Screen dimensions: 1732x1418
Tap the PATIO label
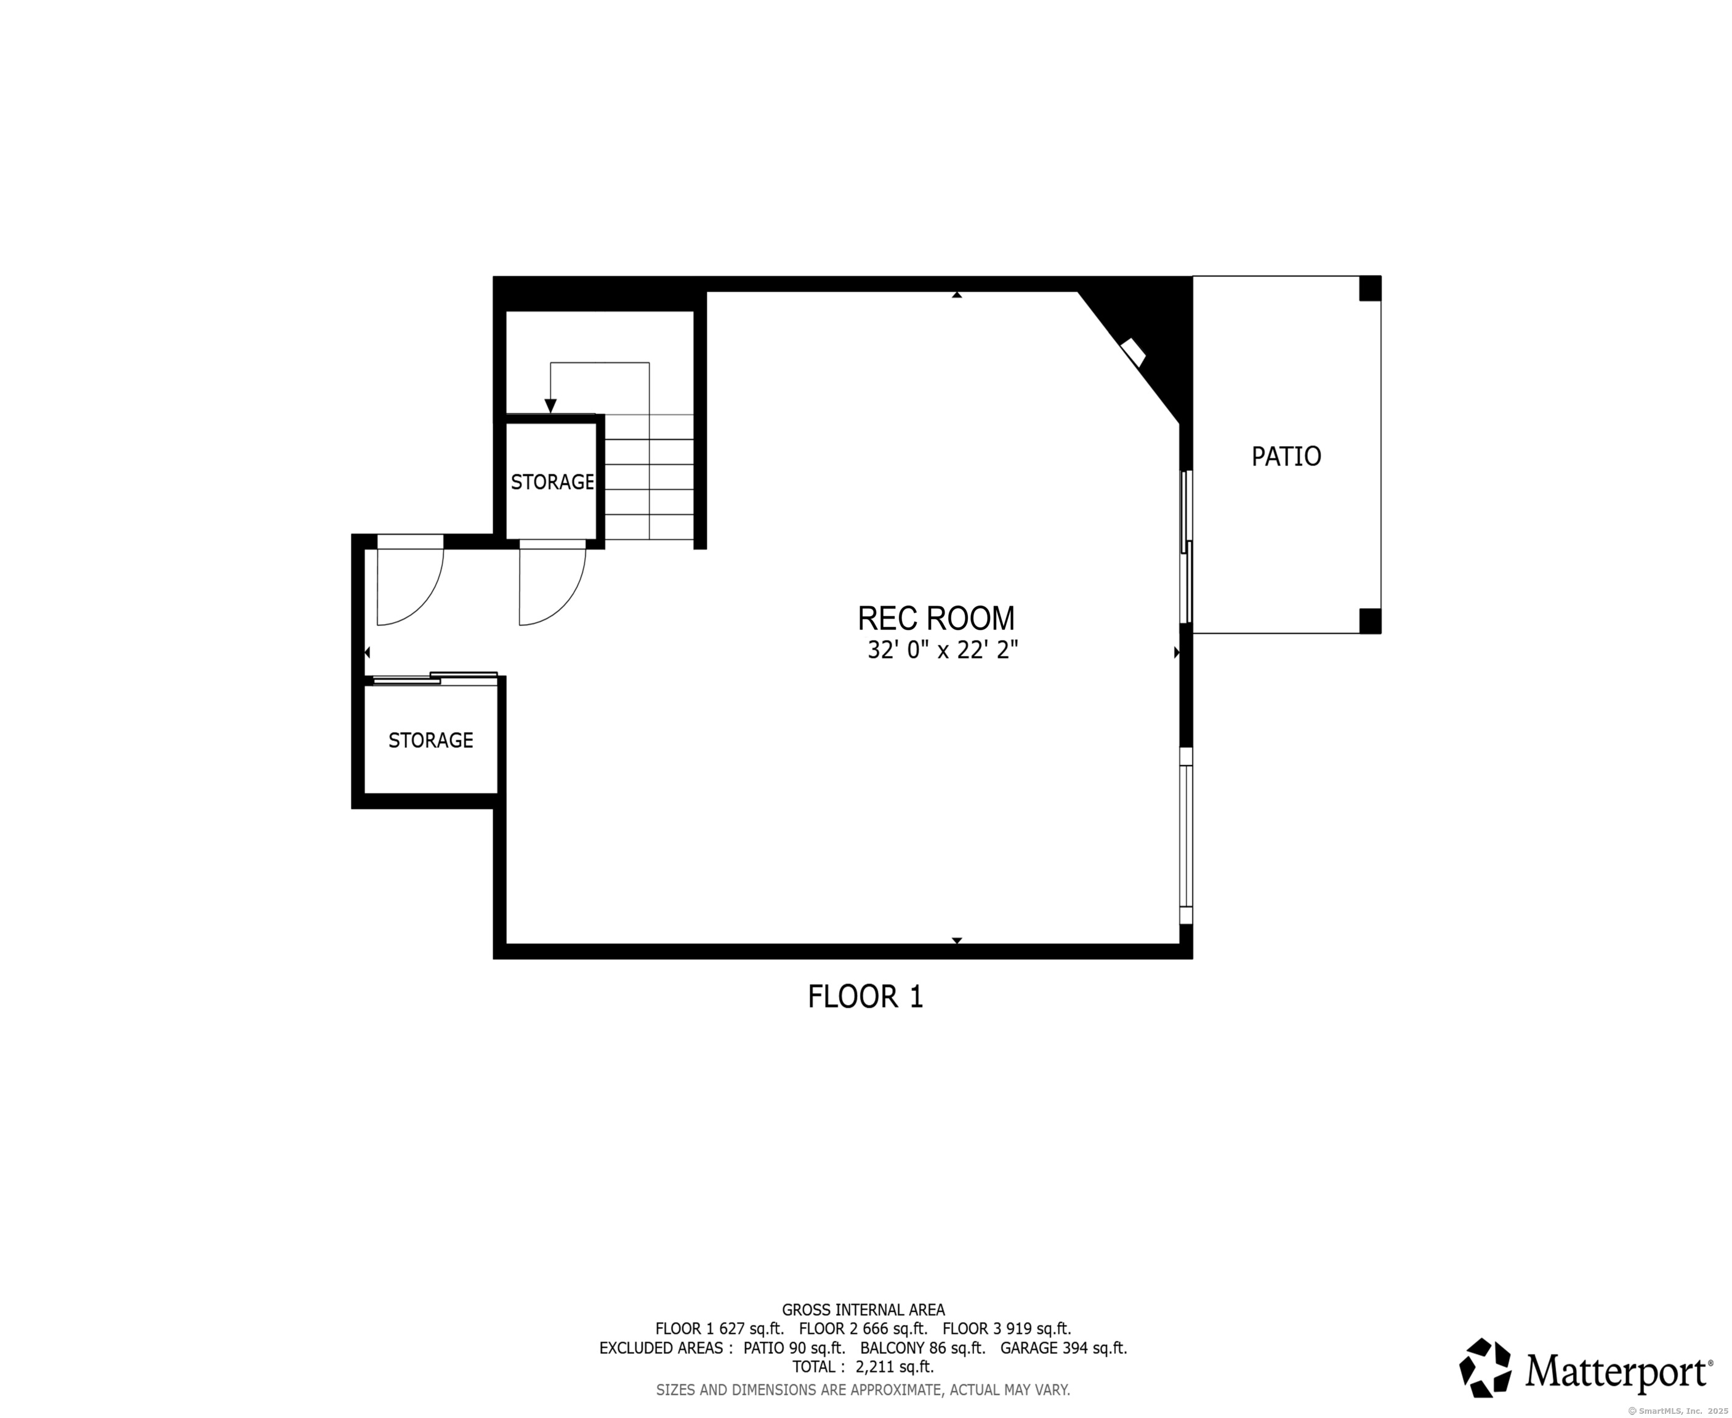coord(1286,456)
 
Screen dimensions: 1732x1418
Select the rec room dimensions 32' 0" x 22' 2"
coord(943,650)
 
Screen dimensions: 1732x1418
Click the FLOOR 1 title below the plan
coord(865,996)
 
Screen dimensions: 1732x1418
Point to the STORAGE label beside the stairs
coord(552,482)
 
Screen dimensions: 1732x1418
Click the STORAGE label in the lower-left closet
coord(430,740)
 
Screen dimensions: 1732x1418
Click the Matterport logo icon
coord(1485,1368)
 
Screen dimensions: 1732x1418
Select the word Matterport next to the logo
coord(1617,1371)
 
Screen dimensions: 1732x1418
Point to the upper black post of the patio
coord(1370,288)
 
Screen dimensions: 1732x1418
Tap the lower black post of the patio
coord(1370,621)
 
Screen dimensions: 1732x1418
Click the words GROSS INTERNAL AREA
coord(863,1310)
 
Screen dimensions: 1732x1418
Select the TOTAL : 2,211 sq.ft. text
coord(863,1366)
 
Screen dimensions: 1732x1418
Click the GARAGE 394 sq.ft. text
coord(1064,1348)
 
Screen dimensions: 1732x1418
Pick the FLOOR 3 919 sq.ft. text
coord(1007,1329)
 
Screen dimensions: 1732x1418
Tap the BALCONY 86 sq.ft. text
coord(922,1348)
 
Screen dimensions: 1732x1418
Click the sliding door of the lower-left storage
coord(435,677)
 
